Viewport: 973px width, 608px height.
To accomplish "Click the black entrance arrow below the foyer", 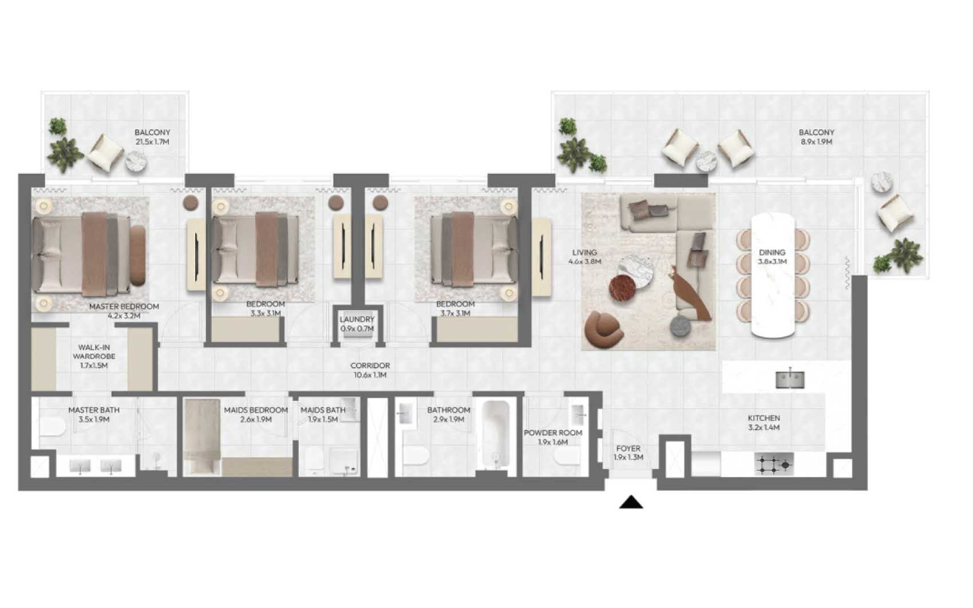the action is tap(631, 502).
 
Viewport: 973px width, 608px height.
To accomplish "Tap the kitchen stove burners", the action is tap(774, 464).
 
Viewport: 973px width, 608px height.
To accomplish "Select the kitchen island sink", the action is tap(790, 379).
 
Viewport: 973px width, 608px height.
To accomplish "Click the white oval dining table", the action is tap(773, 275).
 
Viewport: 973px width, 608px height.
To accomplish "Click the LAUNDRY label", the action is tap(357, 319).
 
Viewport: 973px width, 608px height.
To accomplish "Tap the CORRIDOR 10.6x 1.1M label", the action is tap(370, 370).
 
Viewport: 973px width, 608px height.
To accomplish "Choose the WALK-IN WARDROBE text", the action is tap(94, 352).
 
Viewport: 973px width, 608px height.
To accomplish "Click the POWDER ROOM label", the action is tap(552, 432).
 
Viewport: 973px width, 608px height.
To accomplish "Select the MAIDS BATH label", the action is tap(323, 410).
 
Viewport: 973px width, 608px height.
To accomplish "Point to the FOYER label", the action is tap(628, 448).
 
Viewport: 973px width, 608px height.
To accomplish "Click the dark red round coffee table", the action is tap(622, 288).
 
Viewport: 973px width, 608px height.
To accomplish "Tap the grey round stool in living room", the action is tap(680, 326).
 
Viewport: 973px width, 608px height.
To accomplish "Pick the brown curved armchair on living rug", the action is tap(604, 330).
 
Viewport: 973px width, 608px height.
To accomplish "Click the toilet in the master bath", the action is tap(52, 426).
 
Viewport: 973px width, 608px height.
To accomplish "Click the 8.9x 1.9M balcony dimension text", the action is tap(816, 142).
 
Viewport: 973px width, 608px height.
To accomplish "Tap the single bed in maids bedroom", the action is tap(201, 436).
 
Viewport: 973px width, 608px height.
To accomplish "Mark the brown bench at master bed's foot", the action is tap(138, 256).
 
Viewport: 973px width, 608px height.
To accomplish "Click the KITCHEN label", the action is tap(764, 418).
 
